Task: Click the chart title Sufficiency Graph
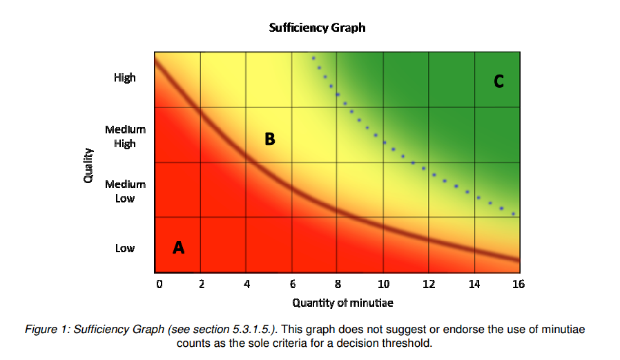(x=317, y=28)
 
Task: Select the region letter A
(x=178, y=247)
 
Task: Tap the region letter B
(x=269, y=140)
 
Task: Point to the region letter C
(x=498, y=82)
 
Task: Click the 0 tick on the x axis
(x=158, y=284)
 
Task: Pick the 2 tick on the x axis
(x=201, y=284)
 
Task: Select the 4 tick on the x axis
(x=246, y=284)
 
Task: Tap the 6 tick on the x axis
(x=292, y=284)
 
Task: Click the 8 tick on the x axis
(x=338, y=284)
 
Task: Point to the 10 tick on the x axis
(x=383, y=284)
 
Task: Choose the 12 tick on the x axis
(x=429, y=284)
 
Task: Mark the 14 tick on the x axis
(x=474, y=284)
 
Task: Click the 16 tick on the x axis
(x=518, y=284)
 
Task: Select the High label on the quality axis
(x=125, y=78)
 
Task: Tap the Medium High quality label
(x=125, y=136)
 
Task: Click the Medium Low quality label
(x=125, y=191)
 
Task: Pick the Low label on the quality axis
(x=125, y=248)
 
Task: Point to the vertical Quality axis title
(x=88, y=166)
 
